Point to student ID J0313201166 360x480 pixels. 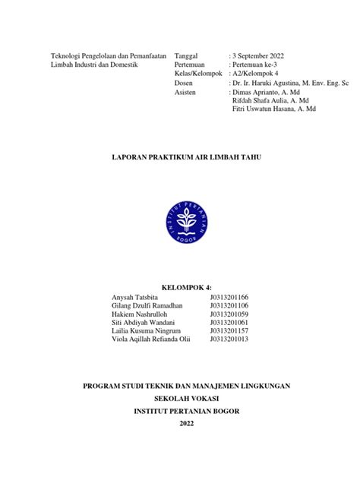pyautogui.click(x=229, y=297)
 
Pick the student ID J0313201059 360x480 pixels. pyautogui.click(x=229, y=314)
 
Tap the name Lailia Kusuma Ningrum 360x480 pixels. pyautogui.click(x=147, y=330)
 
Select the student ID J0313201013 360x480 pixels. pyautogui.click(x=229, y=339)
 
